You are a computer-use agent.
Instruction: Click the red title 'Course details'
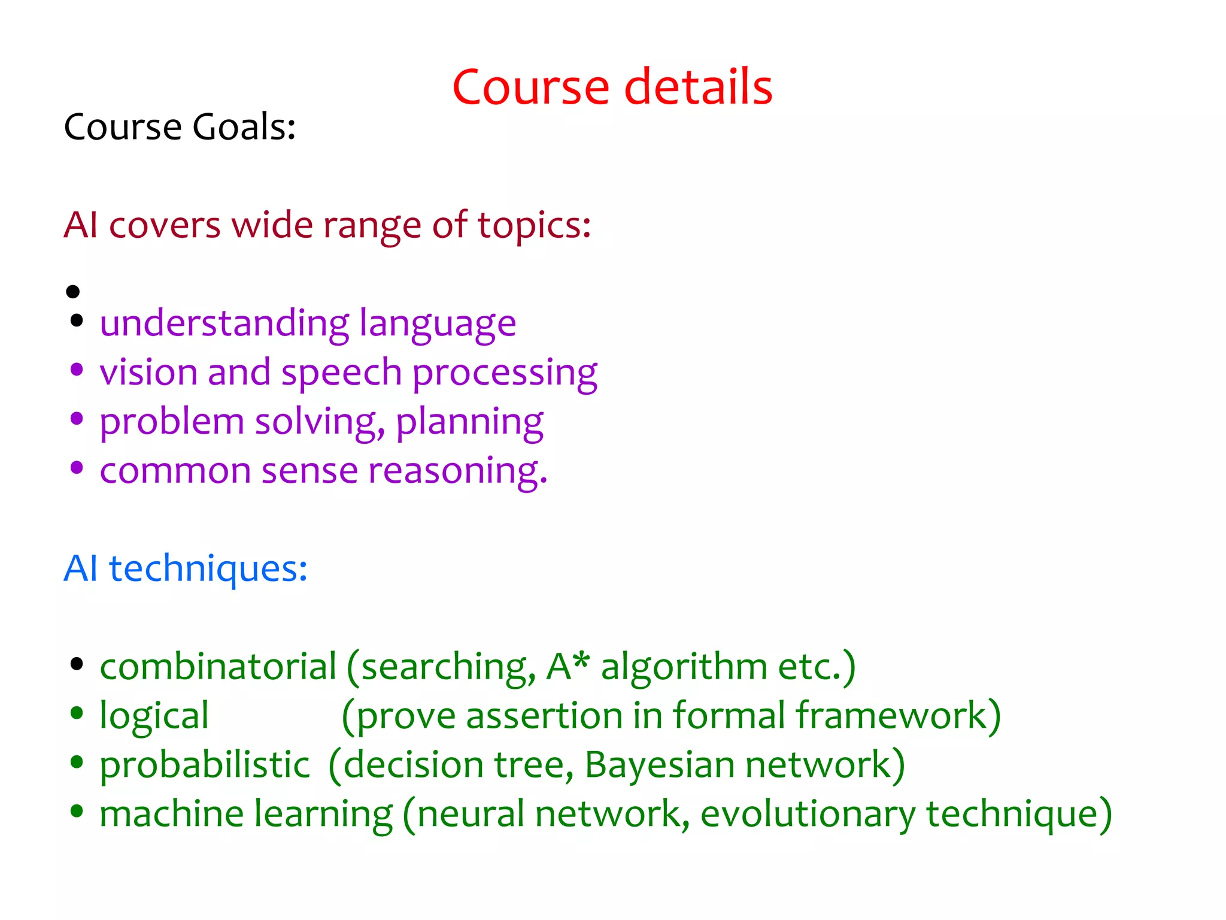tap(612, 87)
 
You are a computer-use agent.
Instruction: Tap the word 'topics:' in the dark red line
tap(534, 226)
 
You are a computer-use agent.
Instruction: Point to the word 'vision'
tap(148, 373)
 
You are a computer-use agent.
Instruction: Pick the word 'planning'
tap(469, 422)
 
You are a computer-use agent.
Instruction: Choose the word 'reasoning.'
tap(457, 471)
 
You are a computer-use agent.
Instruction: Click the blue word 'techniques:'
tap(208, 569)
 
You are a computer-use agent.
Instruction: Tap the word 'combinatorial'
tap(218, 667)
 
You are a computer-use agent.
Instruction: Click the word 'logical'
tap(154, 716)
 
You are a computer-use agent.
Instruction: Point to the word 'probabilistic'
tap(204, 765)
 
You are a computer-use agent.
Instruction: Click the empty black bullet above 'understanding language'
tap(73, 292)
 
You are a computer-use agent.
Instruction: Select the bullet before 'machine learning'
tap(76, 812)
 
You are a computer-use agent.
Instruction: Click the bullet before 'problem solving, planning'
tap(76, 419)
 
